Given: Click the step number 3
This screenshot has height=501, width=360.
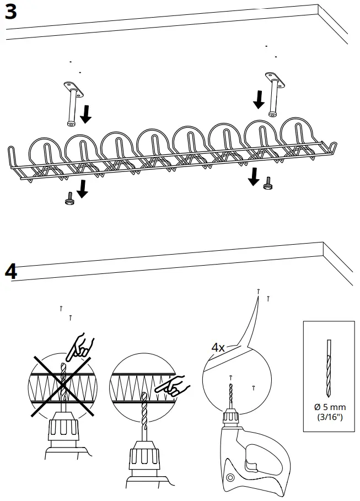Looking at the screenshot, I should coord(11,12).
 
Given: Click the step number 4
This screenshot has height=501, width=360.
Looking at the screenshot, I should coord(11,271).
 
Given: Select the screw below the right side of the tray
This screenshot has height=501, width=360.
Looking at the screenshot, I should coord(268,184).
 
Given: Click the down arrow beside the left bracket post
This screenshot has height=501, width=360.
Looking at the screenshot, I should coord(86,114).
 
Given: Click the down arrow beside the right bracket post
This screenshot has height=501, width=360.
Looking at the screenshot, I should coord(257,99).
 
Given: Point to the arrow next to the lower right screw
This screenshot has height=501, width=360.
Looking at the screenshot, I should coord(254,177).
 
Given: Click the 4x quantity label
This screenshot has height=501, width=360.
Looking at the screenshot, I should coord(218,348).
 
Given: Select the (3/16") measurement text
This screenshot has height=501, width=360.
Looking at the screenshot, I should coord(330,417).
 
